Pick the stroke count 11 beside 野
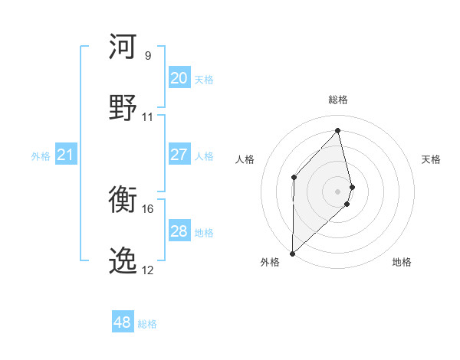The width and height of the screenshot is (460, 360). point(148,117)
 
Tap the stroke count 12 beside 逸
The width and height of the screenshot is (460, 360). point(148,270)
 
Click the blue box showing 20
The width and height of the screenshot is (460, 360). point(179,78)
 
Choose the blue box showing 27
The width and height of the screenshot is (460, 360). point(179,155)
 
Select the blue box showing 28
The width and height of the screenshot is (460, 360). point(179,231)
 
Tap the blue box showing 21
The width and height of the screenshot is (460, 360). point(65,155)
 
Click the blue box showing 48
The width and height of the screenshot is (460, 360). point(122,322)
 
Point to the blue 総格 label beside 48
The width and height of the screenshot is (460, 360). point(147,324)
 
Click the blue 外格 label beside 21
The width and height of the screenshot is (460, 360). point(41,156)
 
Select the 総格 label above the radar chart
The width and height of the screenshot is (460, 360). point(337,100)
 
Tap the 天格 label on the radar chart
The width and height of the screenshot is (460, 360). point(431,159)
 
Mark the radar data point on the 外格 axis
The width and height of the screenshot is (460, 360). point(292,253)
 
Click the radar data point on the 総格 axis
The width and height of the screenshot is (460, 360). point(337,130)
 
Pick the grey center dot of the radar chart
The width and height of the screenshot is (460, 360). point(337,190)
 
